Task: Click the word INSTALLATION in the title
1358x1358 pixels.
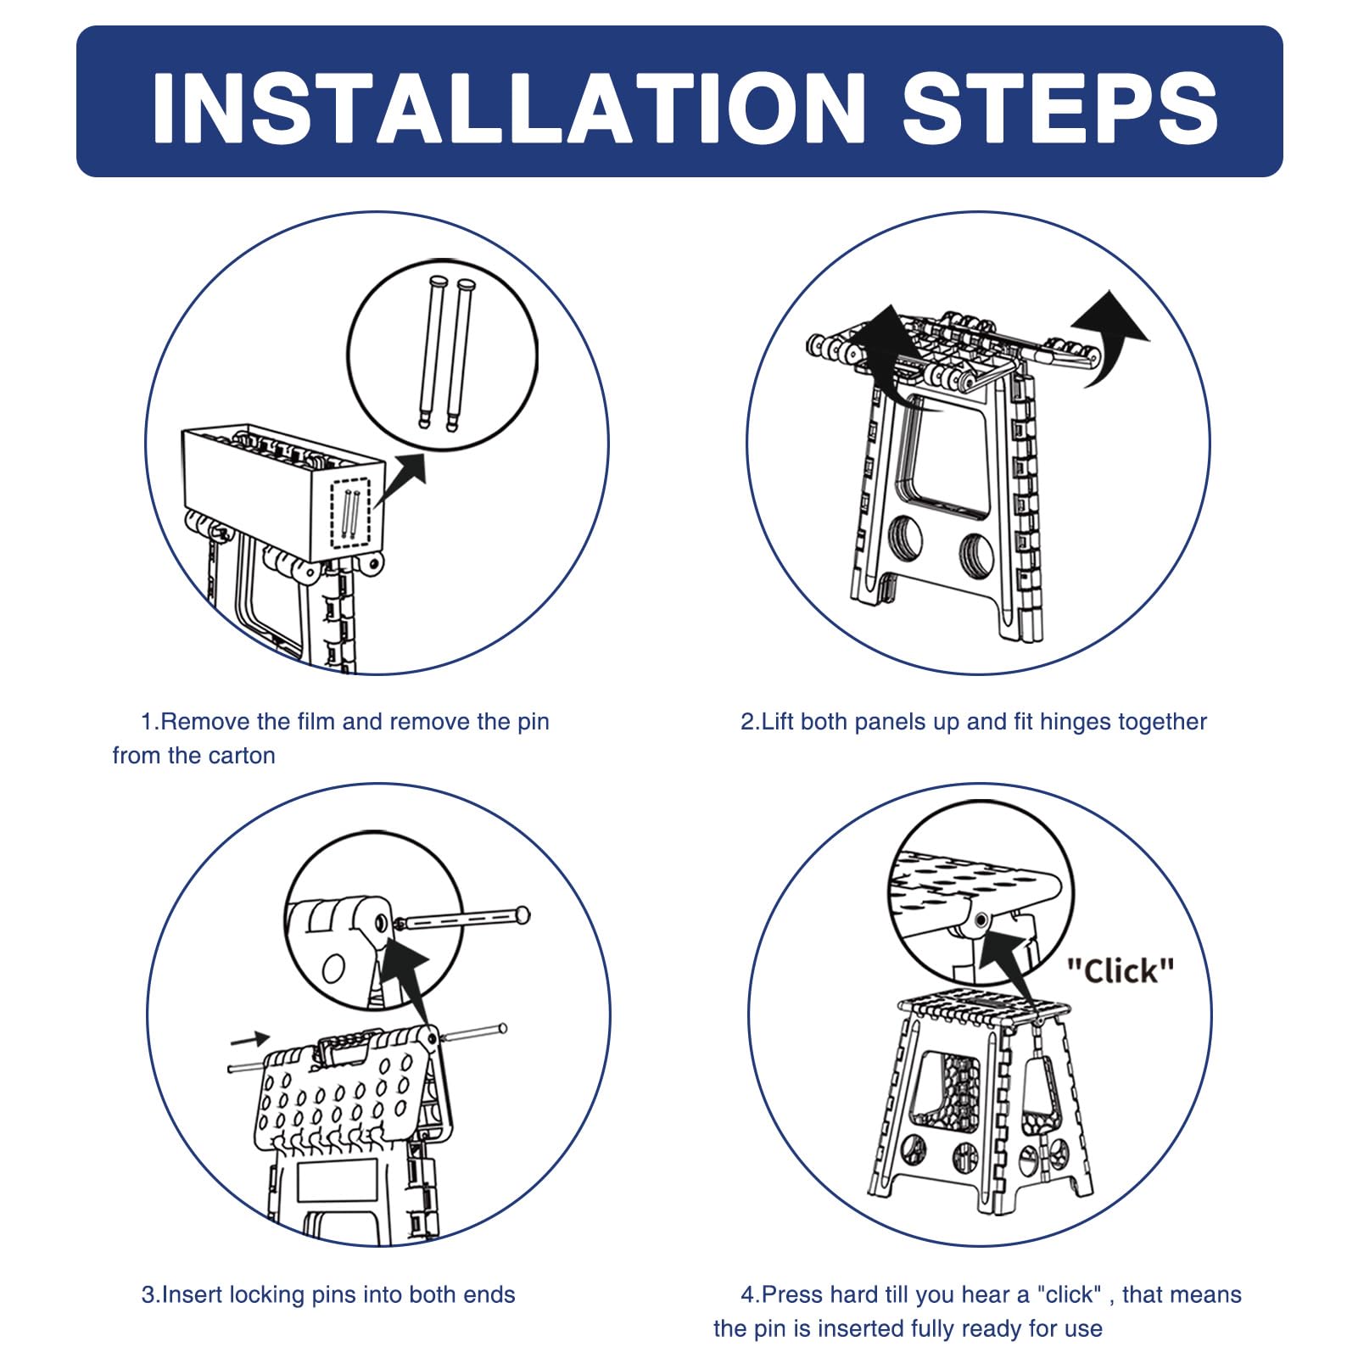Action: coord(509,108)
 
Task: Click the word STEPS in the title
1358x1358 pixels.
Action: coord(1060,108)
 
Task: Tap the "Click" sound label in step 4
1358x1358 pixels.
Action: coord(1120,970)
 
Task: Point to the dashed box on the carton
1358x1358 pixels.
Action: coord(351,514)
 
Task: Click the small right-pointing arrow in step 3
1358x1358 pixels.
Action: coord(250,1038)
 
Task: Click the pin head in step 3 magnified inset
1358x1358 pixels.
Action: coord(523,914)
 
